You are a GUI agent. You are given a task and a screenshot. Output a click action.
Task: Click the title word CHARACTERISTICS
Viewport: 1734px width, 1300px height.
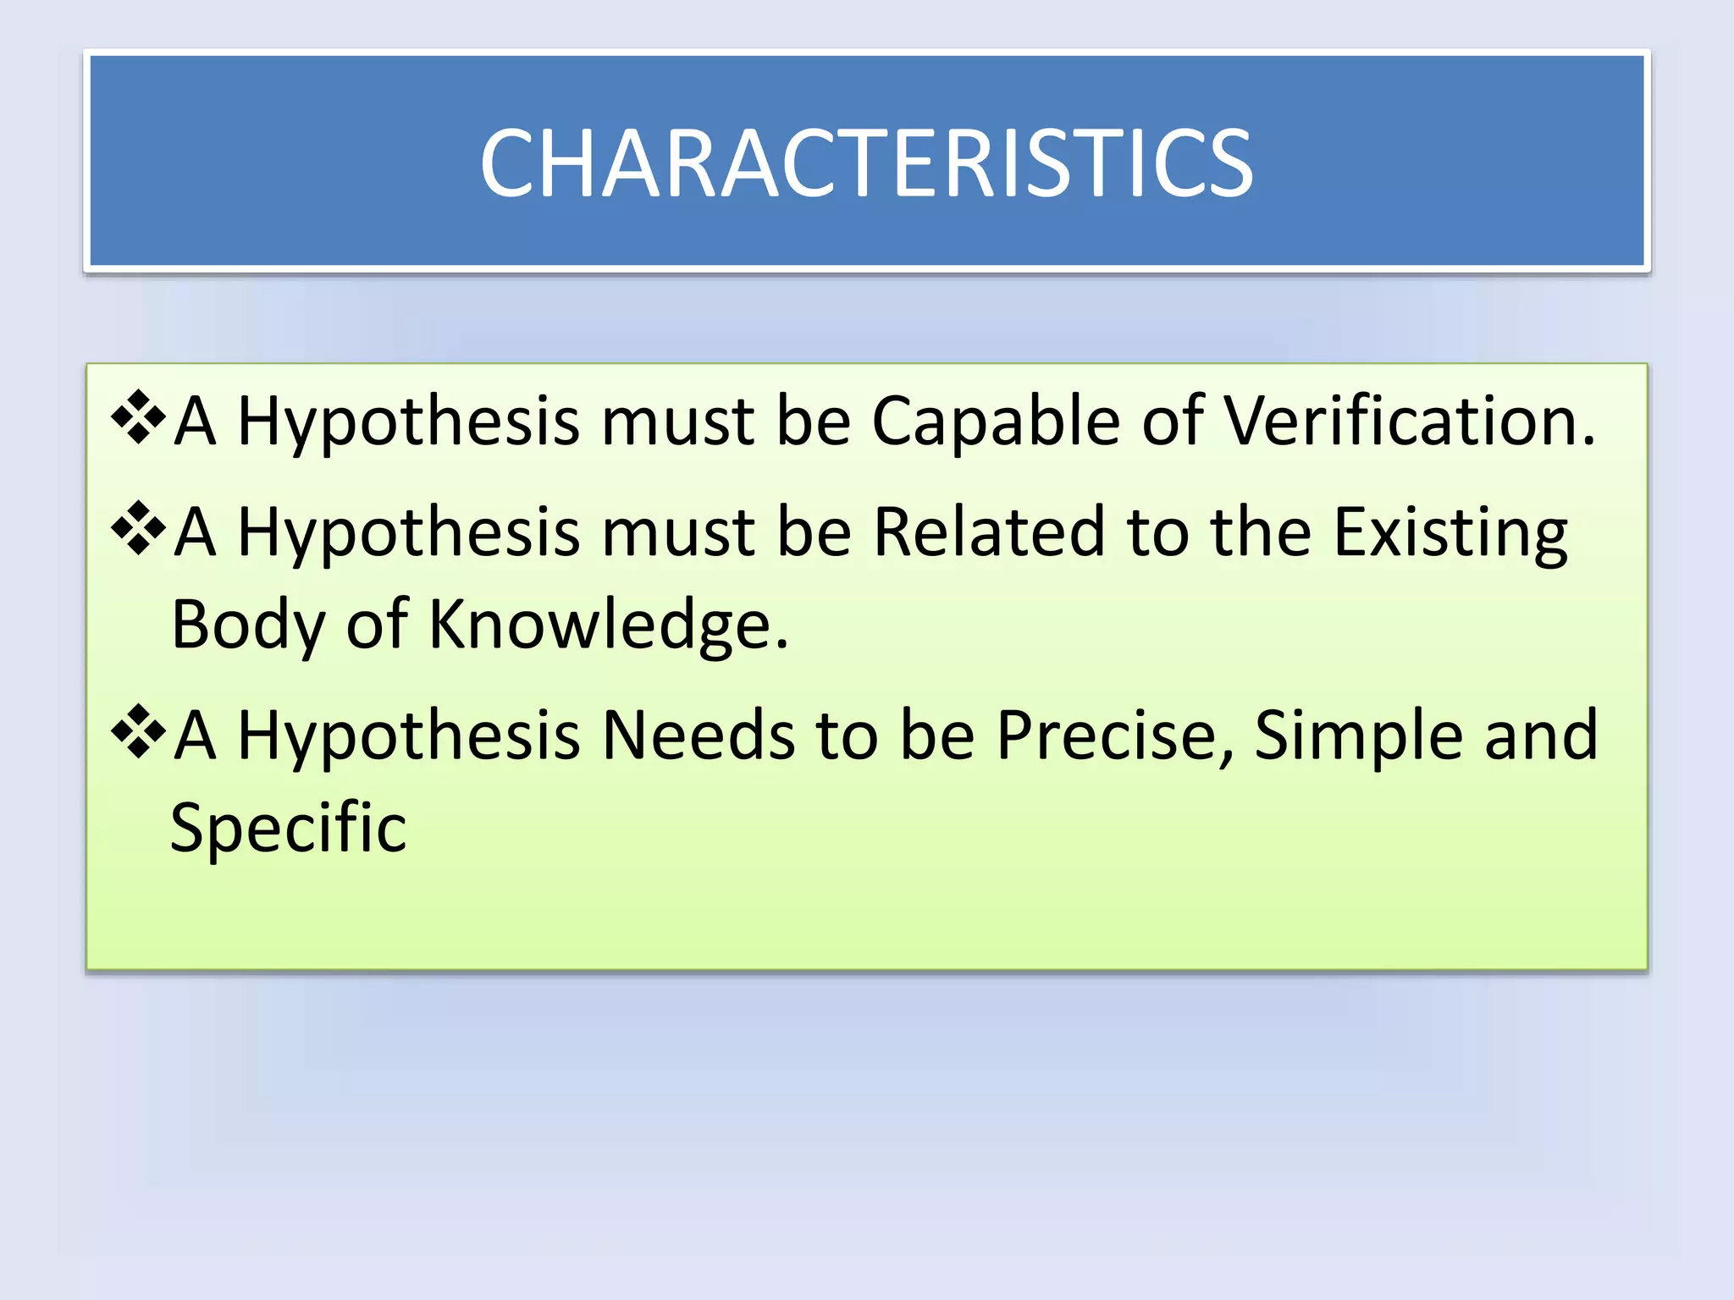coord(866,163)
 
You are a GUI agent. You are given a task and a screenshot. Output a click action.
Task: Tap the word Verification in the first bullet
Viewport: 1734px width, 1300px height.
coord(1410,421)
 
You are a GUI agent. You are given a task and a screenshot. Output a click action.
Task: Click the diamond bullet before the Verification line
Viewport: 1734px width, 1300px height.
coord(137,416)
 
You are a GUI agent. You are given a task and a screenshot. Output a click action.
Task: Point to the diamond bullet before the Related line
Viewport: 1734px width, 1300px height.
coord(137,528)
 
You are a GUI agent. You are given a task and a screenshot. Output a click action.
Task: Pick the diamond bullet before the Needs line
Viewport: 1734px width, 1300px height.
coord(137,731)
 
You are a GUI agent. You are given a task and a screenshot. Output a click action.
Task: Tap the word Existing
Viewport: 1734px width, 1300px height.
coord(1450,534)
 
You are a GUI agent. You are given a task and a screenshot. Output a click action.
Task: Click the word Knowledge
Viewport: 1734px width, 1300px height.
coord(608,625)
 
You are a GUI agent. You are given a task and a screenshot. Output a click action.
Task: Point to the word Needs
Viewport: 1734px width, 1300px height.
coord(698,735)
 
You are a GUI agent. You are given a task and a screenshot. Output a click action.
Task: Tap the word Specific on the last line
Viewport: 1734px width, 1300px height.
coord(288,828)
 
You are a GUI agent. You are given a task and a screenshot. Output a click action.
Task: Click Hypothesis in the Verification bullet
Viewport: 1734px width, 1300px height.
coord(409,422)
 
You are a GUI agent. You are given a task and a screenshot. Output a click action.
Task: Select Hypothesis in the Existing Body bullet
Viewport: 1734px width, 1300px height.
coord(409,534)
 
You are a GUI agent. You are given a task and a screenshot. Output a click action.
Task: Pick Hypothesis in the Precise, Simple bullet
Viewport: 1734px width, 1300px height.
coord(409,737)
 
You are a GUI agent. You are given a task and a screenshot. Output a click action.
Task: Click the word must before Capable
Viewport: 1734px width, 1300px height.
coord(677,422)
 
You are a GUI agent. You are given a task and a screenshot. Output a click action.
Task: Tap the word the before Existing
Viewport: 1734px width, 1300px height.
coord(1261,532)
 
